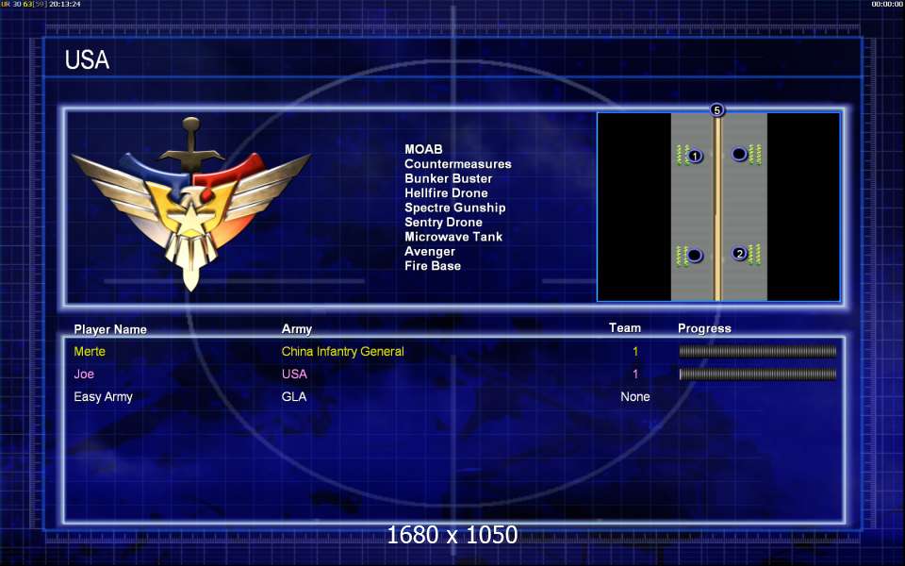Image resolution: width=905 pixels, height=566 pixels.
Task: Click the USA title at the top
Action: pyautogui.click(x=87, y=59)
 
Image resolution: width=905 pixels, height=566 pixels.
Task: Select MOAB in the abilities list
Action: pyautogui.click(x=423, y=149)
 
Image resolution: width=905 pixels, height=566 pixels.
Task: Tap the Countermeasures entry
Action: pyautogui.click(x=458, y=164)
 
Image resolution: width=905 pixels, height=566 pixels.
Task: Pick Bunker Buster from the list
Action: pyautogui.click(x=449, y=178)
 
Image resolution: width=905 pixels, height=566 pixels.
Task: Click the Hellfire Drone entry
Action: pyautogui.click(x=446, y=192)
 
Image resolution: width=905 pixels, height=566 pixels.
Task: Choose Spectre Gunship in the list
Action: pyautogui.click(x=454, y=208)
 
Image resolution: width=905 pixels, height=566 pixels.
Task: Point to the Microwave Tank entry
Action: pyautogui.click(x=453, y=237)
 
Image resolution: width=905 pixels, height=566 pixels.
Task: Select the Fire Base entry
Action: pyautogui.click(x=433, y=266)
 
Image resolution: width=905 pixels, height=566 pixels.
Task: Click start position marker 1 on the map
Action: pyautogui.click(x=695, y=156)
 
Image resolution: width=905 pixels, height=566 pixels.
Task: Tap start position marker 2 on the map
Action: pyautogui.click(x=739, y=253)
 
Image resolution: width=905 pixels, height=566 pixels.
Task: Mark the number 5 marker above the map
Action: pyautogui.click(x=716, y=109)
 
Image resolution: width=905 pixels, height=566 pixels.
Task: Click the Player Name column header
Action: pyautogui.click(x=110, y=329)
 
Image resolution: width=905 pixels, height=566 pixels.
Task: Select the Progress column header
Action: pyautogui.click(x=704, y=328)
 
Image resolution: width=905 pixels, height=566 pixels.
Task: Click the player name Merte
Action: pyautogui.click(x=90, y=351)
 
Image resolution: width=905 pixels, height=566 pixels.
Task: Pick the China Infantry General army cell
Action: pyautogui.click(x=343, y=351)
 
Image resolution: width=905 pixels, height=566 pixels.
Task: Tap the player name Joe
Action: pyautogui.click(x=84, y=374)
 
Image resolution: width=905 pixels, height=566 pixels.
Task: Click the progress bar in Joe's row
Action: pyautogui.click(x=758, y=375)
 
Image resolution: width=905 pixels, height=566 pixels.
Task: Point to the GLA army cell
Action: pyautogui.click(x=294, y=397)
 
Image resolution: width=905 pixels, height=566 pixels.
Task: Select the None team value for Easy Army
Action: pyautogui.click(x=634, y=397)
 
